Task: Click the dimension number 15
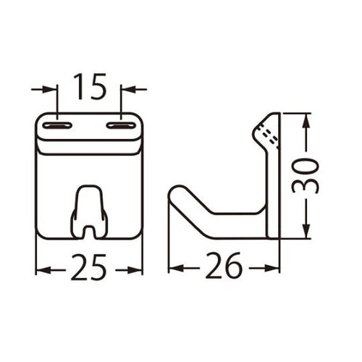pos(89,88)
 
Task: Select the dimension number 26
pos(223,269)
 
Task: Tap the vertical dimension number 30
pos(306,175)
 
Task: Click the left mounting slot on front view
pos(57,127)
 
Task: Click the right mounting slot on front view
pos(122,127)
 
